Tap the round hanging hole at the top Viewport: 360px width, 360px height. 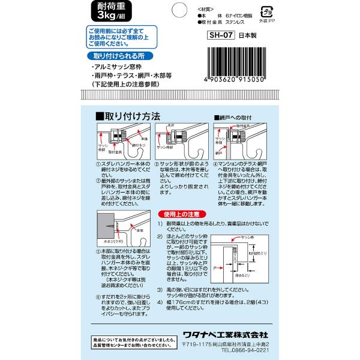tap(180, 10)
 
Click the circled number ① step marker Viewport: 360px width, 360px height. tap(98, 164)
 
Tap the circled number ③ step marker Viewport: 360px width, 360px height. tap(156, 164)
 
